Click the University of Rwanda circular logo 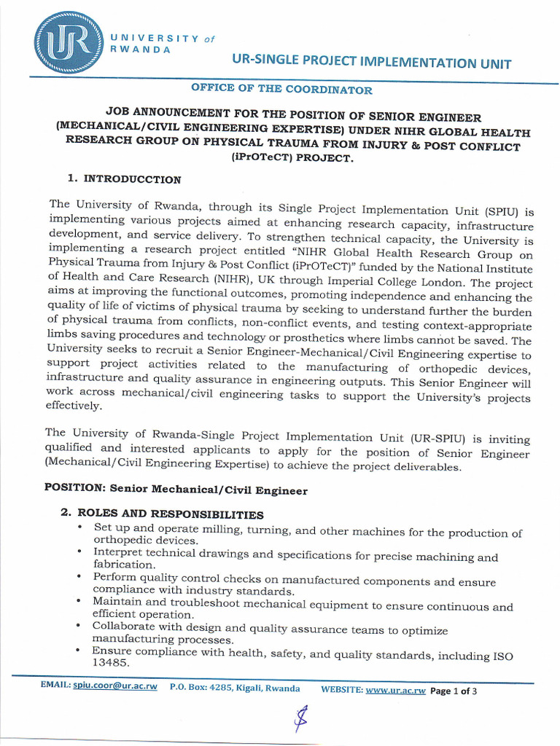68,44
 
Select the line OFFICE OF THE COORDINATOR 281,90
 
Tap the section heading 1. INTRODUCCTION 124,178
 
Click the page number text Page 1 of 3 454,691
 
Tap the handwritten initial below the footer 298,720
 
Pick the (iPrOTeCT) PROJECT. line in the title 281,160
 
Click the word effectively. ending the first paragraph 74,408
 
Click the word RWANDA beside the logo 140,49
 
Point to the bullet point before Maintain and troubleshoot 79,601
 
